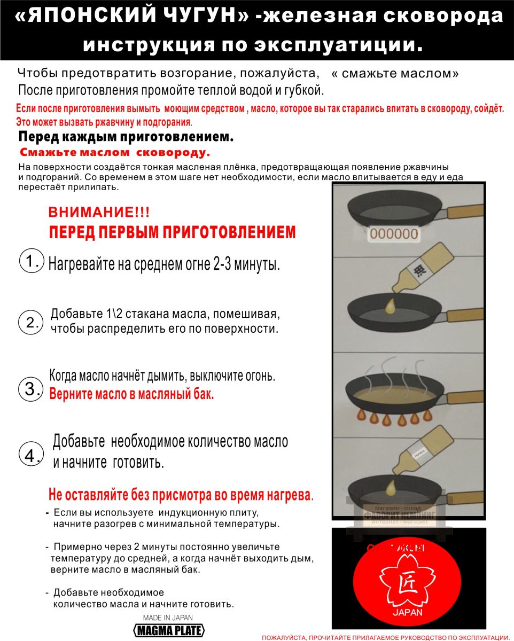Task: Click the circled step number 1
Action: point(31,261)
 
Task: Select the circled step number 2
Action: point(30,322)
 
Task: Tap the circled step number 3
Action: point(30,388)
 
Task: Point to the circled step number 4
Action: point(30,455)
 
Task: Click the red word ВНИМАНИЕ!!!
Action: point(99,212)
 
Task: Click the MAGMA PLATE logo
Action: point(169,630)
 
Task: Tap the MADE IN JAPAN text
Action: point(168,617)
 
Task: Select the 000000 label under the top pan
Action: point(394,233)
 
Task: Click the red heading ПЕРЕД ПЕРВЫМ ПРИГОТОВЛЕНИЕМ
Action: point(172,232)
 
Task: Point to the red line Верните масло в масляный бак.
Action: point(131,395)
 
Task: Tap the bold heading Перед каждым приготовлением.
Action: point(126,137)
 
